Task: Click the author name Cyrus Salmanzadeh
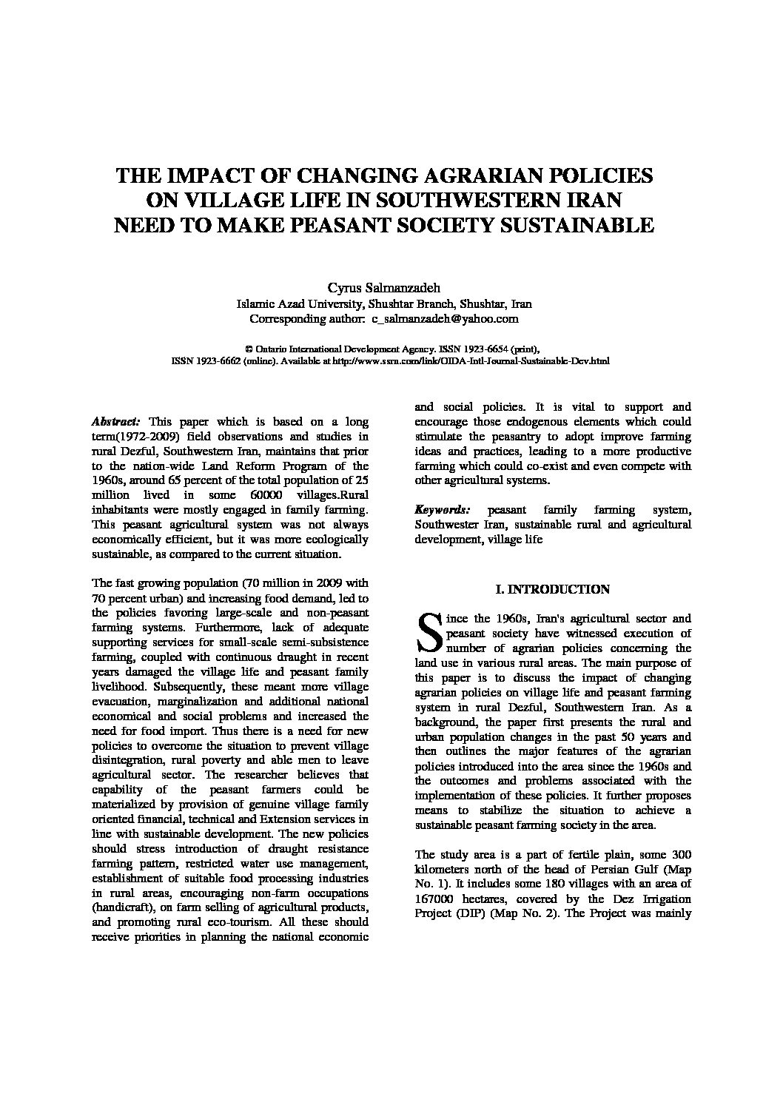391,288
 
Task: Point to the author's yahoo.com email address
445,319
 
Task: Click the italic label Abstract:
115,422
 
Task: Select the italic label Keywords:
442,510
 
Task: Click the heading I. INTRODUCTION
553,590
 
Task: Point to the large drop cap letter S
429,633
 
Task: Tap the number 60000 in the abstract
258,495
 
